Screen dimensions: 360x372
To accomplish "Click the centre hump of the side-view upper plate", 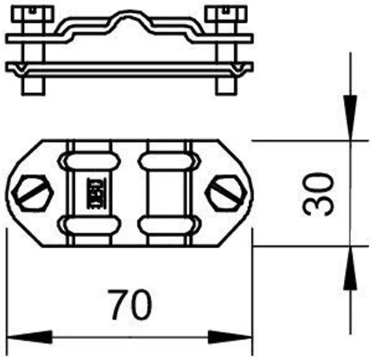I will [129, 19].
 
